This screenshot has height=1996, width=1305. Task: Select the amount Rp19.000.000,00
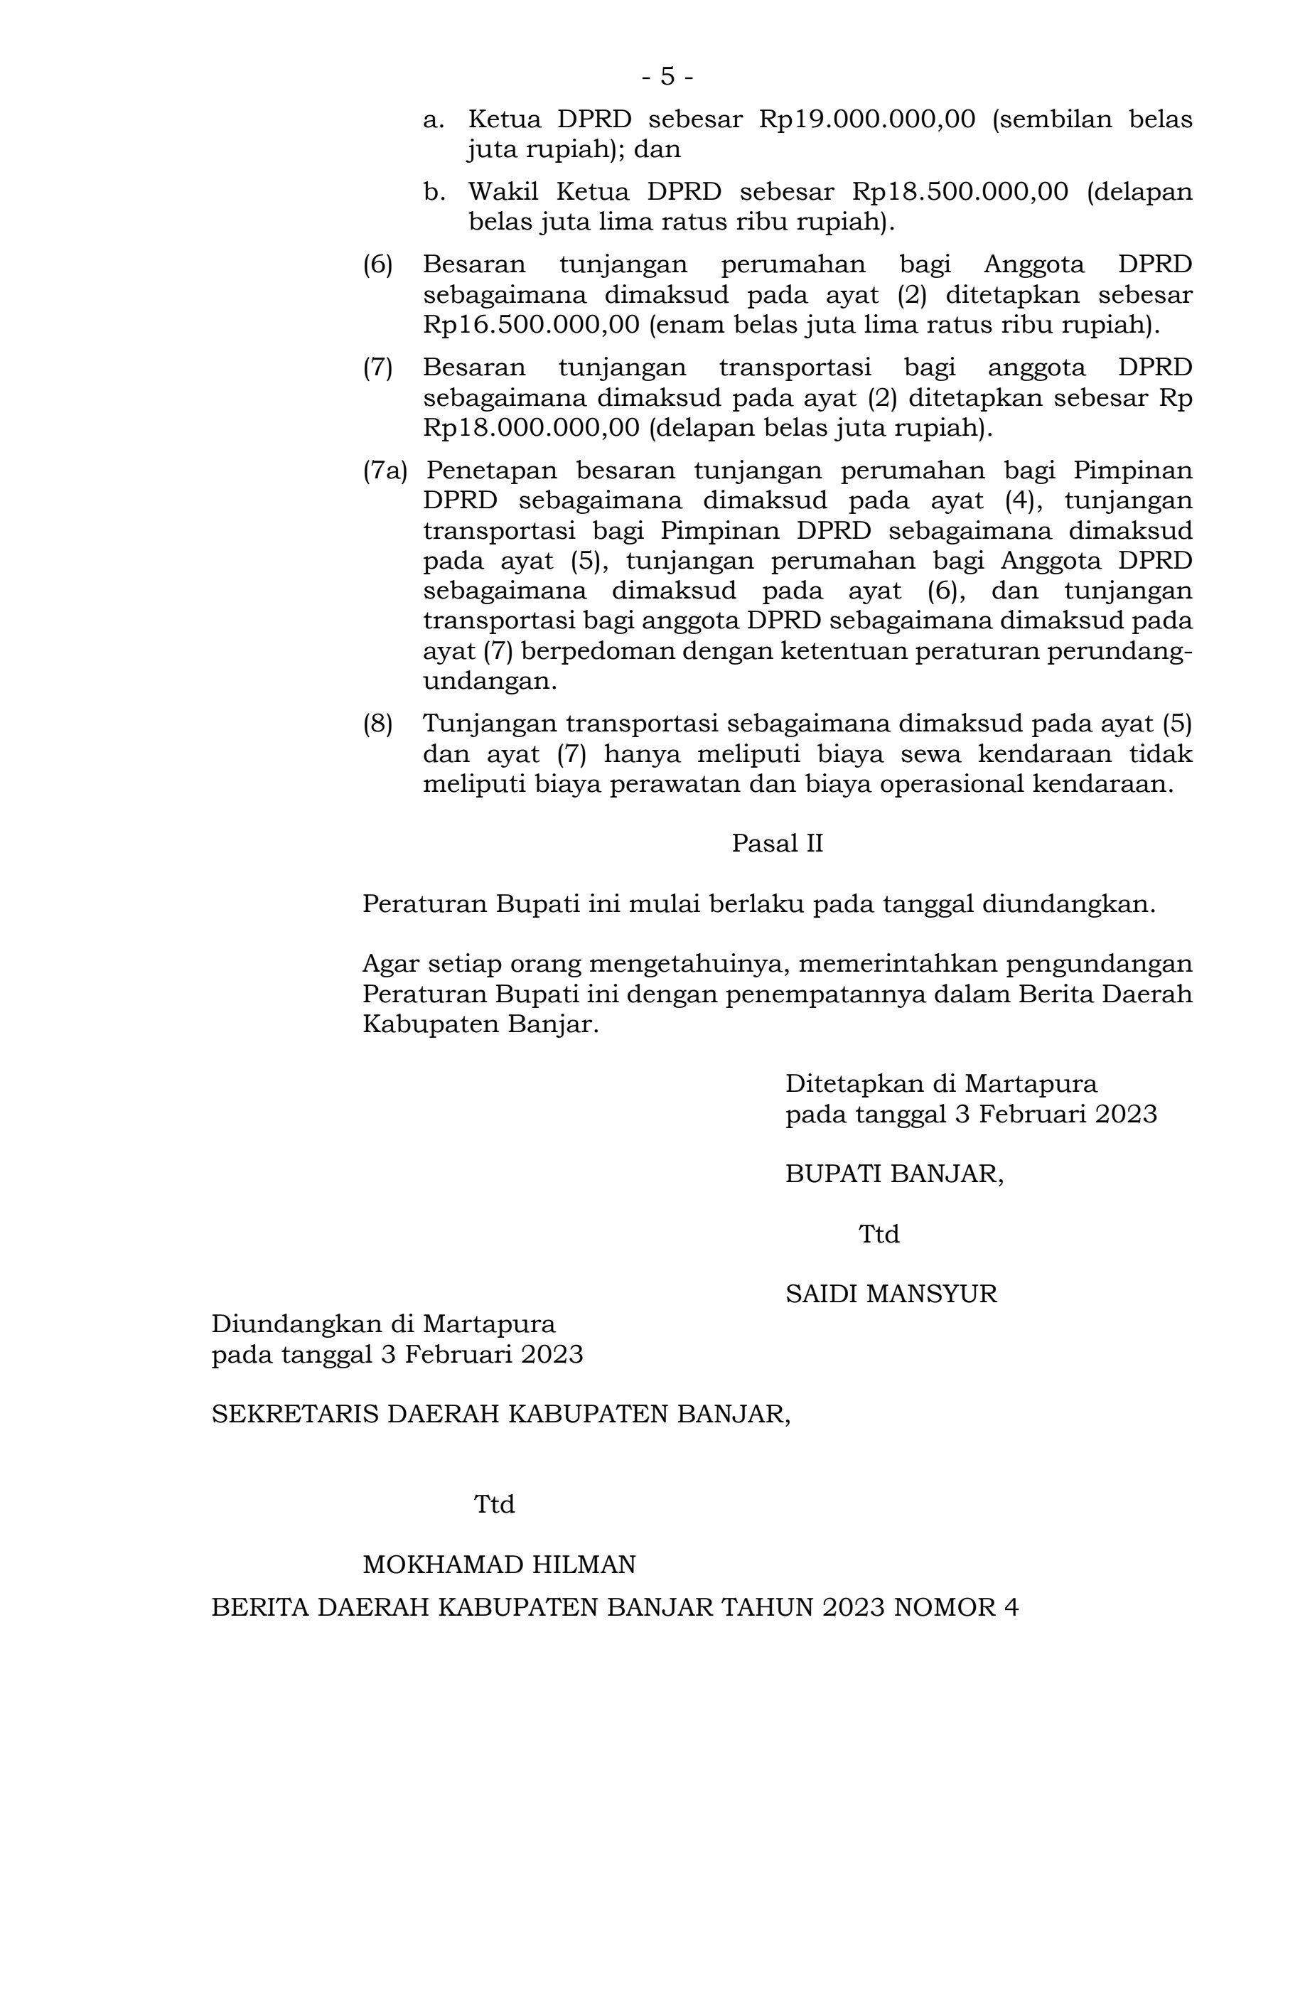pyautogui.click(x=866, y=120)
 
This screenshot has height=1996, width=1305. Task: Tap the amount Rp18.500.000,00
pyautogui.click(x=960, y=193)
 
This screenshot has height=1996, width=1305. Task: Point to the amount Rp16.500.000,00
pyautogui.click(x=531, y=326)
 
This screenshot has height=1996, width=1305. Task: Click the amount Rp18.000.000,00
pyautogui.click(x=531, y=428)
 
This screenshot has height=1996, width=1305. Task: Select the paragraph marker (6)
pyautogui.click(x=377, y=265)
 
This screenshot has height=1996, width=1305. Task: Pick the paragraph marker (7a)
pyautogui.click(x=384, y=471)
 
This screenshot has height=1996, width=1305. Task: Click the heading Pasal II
pyautogui.click(x=777, y=844)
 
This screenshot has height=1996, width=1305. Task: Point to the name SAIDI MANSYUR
pyautogui.click(x=891, y=1294)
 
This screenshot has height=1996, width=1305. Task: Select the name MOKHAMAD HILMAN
pyautogui.click(x=498, y=1564)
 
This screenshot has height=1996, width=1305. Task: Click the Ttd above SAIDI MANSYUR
pyautogui.click(x=878, y=1235)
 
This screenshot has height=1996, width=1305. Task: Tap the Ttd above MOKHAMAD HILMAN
pyautogui.click(x=494, y=1505)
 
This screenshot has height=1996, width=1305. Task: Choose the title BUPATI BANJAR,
pyautogui.click(x=894, y=1174)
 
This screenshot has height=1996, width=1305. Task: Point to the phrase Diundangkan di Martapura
pyautogui.click(x=383, y=1324)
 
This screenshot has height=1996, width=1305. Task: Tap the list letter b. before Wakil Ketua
pyautogui.click(x=432, y=193)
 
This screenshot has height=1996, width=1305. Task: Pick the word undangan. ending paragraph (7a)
pyautogui.click(x=490, y=681)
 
